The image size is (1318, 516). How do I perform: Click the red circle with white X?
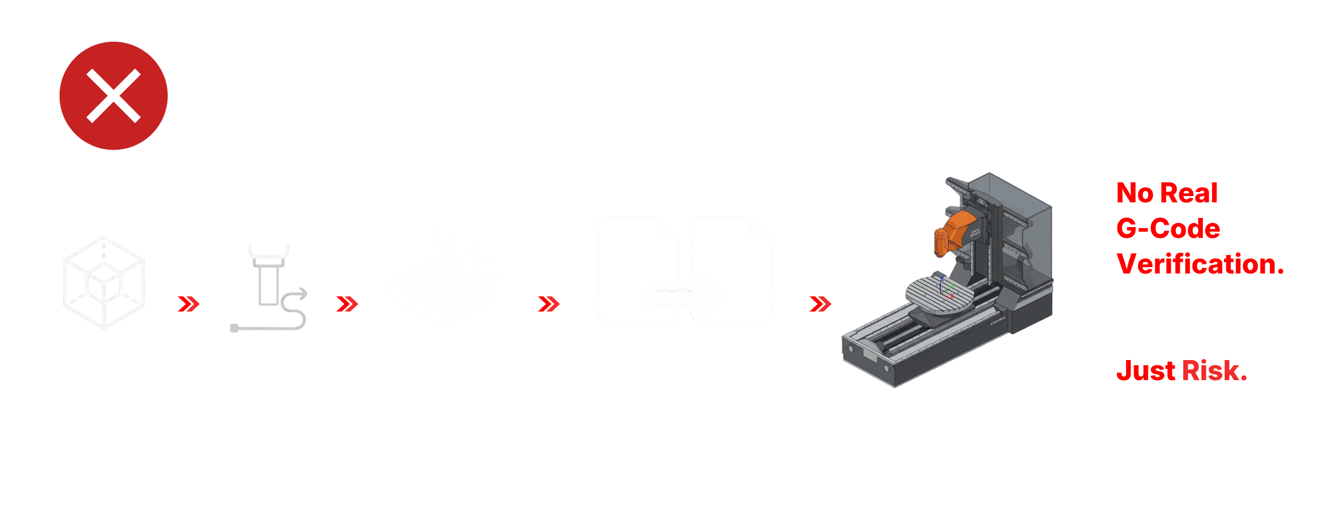point(113,96)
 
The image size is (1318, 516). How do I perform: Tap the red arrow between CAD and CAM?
point(189,304)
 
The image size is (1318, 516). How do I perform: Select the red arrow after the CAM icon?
point(347,304)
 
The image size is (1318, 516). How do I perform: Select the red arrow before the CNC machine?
point(820,304)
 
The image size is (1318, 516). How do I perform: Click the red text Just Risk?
point(1182,371)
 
